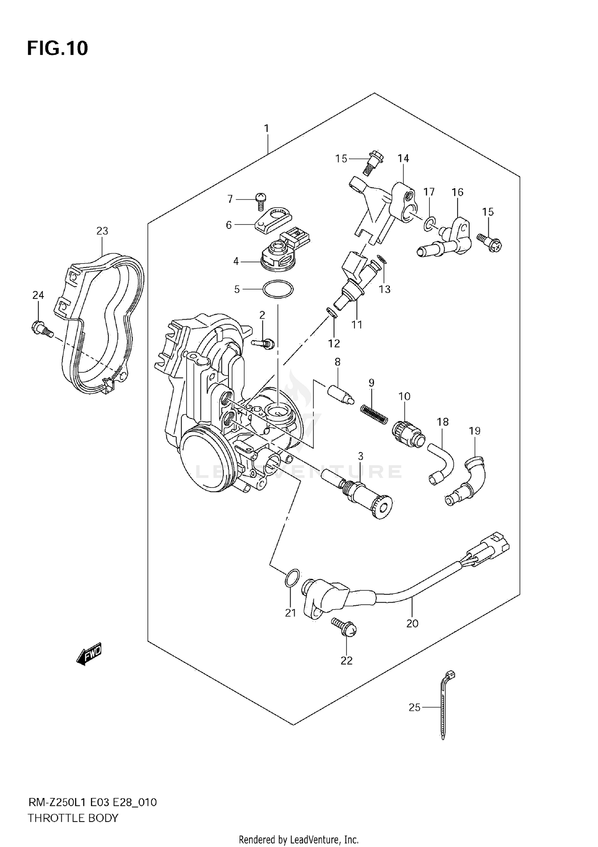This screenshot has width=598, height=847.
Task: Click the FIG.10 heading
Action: pos(57,48)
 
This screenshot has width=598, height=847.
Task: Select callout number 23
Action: pos(102,231)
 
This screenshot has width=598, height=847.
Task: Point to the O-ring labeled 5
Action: pos(278,289)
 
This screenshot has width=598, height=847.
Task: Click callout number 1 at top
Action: pos(266,129)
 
